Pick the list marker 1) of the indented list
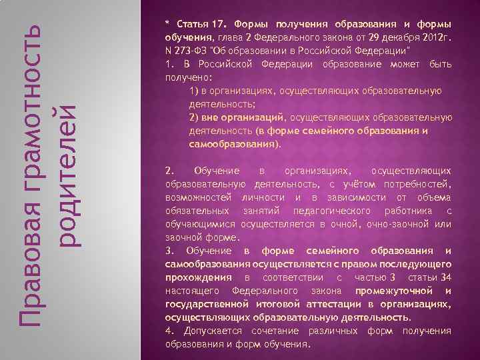[194, 91]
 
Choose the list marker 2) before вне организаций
[194, 117]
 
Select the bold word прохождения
[201, 277]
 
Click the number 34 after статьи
[445, 277]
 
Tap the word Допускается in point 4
[211, 331]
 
